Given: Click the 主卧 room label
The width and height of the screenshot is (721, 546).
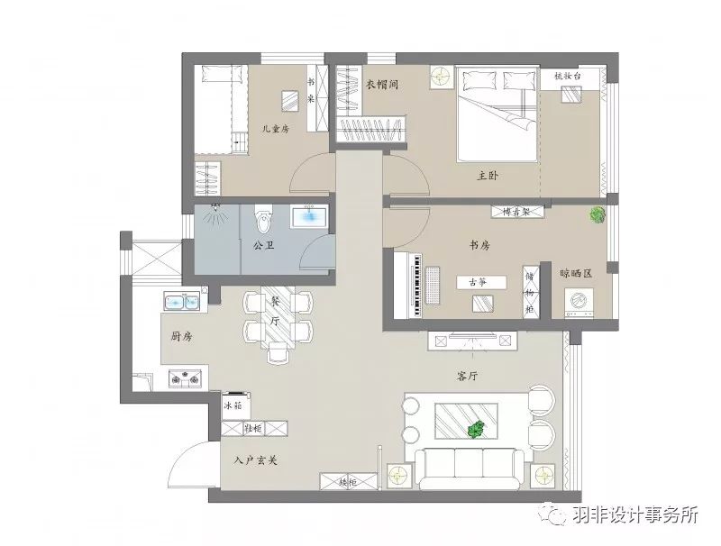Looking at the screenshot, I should click(x=488, y=177).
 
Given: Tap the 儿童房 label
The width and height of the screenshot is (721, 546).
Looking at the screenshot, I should click(x=275, y=129).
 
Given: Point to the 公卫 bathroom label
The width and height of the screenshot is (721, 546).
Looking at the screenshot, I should click(x=263, y=244).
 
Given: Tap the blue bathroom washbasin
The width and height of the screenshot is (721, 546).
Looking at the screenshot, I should click(x=309, y=217).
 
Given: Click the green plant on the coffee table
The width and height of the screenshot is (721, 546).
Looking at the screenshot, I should click(x=478, y=426).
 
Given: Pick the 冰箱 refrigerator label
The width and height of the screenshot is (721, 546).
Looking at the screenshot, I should click(x=232, y=405).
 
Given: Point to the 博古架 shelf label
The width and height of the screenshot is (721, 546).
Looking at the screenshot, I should click(x=518, y=212).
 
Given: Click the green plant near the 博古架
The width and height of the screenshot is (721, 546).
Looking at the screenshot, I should click(x=596, y=214).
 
